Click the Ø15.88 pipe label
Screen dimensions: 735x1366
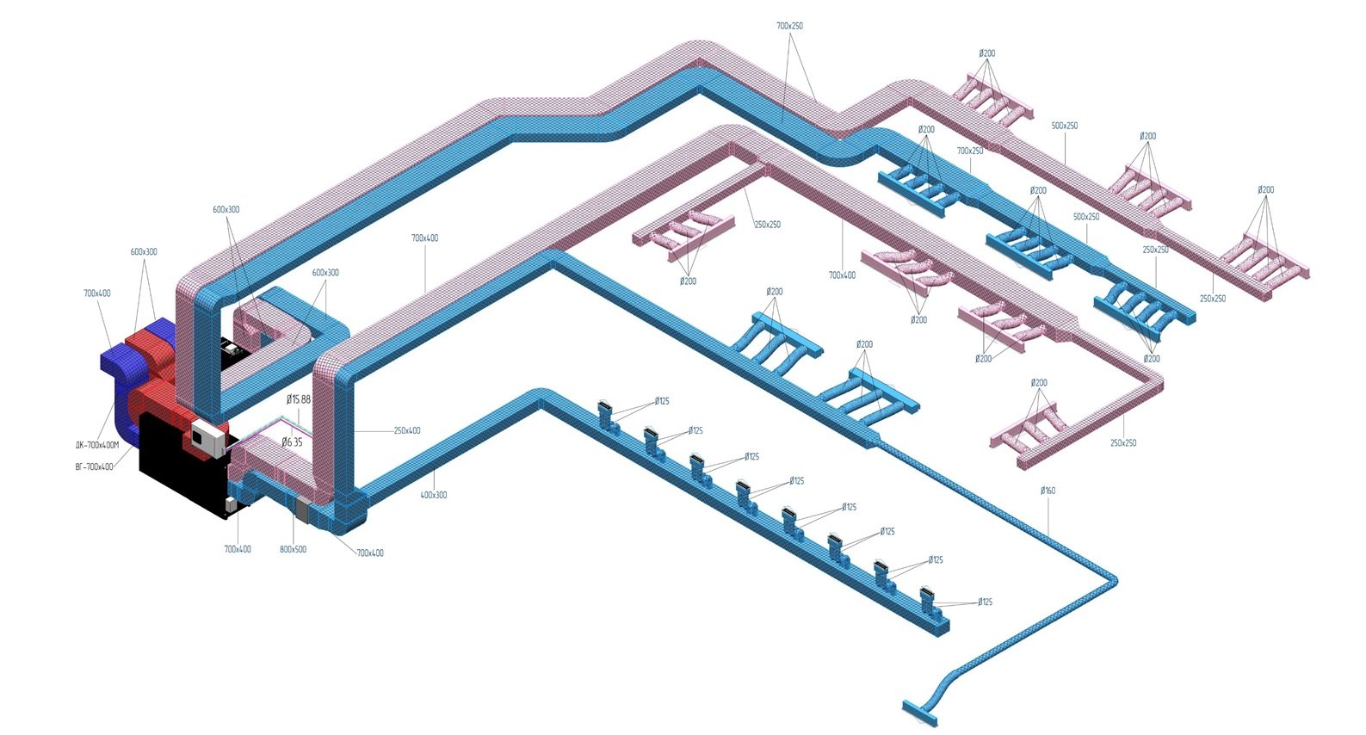coord(299,399)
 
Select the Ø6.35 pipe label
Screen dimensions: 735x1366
coord(293,442)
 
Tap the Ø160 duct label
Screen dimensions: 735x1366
coord(1048,491)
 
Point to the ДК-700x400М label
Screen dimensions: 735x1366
coord(96,445)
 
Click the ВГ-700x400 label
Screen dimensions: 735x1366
coord(94,466)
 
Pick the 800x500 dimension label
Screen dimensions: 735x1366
coord(293,549)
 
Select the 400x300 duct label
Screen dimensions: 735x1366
coord(433,495)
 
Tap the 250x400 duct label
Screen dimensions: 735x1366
coord(407,430)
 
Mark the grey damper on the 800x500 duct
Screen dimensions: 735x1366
coord(302,510)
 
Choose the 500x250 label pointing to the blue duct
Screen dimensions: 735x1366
coord(1086,217)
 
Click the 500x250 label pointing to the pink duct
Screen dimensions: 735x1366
coord(1065,126)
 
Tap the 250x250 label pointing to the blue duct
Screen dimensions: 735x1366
coord(1155,250)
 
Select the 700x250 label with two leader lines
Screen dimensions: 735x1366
coord(789,26)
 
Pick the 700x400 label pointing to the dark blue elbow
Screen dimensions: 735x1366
coord(97,293)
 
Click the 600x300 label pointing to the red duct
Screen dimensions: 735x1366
coord(144,252)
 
